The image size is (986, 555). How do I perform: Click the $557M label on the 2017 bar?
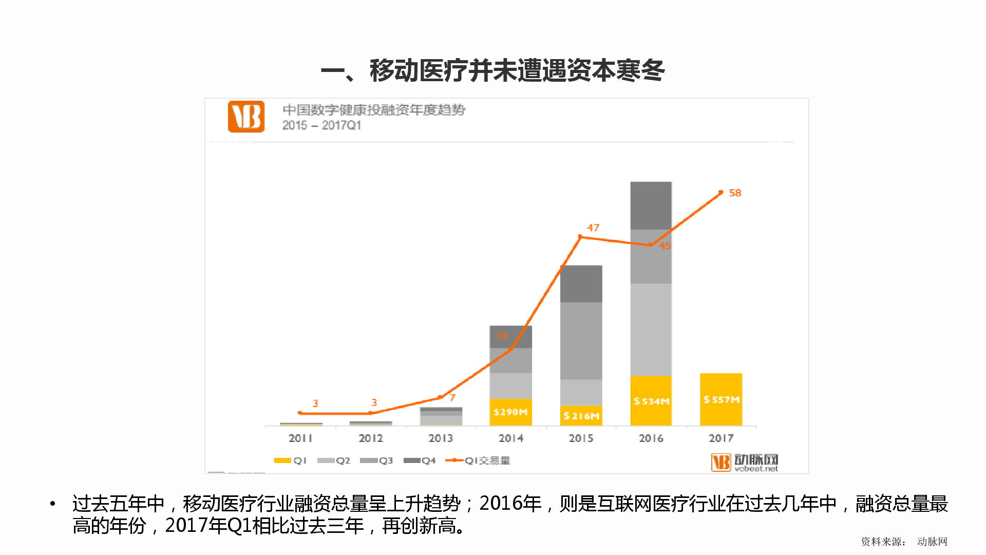click(x=721, y=400)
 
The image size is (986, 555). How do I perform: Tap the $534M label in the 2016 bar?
click(x=651, y=401)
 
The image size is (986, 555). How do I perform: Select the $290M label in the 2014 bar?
click(x=510, y=412)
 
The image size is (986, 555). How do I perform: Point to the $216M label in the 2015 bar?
click(x=581, y=416)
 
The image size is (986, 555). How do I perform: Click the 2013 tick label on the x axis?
click(x=441, y=438)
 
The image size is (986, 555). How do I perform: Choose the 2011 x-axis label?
click(x=300, y=438)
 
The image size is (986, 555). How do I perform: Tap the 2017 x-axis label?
click(x=721, y=438)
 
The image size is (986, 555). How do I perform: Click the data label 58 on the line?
click(x=735, y=193)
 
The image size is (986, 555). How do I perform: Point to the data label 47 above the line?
click(x=593, y=228)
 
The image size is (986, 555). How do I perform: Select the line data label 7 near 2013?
click(x=452, y=398)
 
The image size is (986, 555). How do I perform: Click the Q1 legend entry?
click(x=291, y=461)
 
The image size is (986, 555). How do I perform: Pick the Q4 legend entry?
click(x=420, y=461)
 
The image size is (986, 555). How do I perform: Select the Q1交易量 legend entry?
click(x=478, y=461)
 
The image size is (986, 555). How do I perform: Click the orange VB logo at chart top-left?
click(x=246, y=117)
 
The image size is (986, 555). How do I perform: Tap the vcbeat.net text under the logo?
click(x=756, y=469)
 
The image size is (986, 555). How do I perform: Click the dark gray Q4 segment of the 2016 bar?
click(x=651, y=206)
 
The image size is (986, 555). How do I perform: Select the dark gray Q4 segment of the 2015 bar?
click(x=581, y=284)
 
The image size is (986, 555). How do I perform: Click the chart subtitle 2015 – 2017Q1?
click(x=321, y=125)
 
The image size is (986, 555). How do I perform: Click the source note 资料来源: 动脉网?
click(x=904, y=542)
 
